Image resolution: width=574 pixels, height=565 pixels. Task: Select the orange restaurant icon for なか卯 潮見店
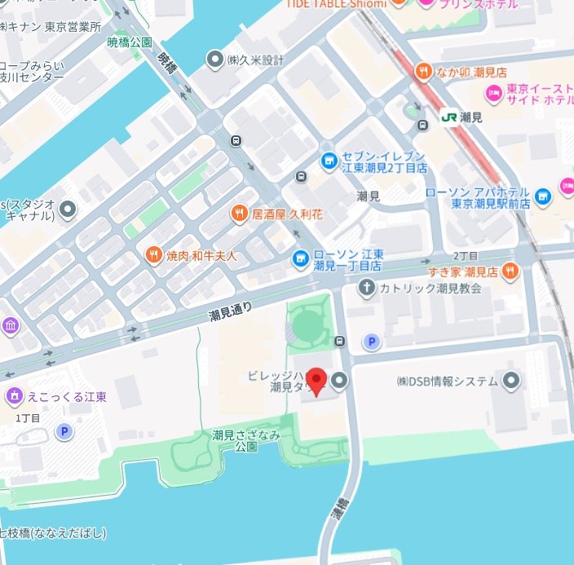[422, 71]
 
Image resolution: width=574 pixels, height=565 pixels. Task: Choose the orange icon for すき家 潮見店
[510, 270]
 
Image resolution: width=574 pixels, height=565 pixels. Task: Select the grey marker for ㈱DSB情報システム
[510, 381]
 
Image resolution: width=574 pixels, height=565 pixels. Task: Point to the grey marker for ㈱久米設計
[215, 60]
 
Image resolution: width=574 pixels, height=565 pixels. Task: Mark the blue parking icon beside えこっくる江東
[63, 431]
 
